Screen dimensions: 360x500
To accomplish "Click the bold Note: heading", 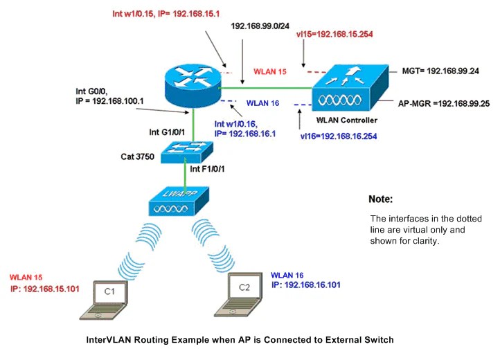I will tap(381, 199).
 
